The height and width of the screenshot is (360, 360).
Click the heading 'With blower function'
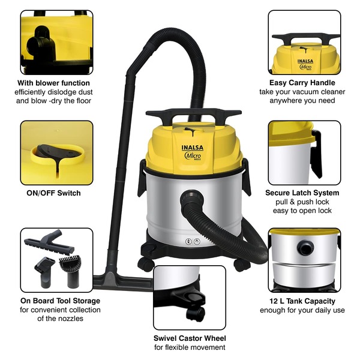(53, 83)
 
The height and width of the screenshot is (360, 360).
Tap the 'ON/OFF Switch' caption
(53, 193)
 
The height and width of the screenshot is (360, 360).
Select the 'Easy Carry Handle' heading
(302, 83)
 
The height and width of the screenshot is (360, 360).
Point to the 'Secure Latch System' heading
(302, 193)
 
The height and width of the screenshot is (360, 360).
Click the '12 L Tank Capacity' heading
(302, 301)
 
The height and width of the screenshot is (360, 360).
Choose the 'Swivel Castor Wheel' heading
(190, 338)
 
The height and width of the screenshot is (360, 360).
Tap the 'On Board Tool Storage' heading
(60, 301)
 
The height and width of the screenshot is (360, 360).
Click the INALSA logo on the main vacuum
(193, 148)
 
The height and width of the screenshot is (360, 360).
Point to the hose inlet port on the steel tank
(192, 197)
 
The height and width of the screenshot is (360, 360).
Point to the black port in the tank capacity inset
(305, 248)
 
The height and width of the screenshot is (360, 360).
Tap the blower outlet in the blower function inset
(41, 43)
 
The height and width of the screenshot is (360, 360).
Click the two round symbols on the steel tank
(193, 241)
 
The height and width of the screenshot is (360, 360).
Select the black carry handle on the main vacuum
(194, 114)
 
